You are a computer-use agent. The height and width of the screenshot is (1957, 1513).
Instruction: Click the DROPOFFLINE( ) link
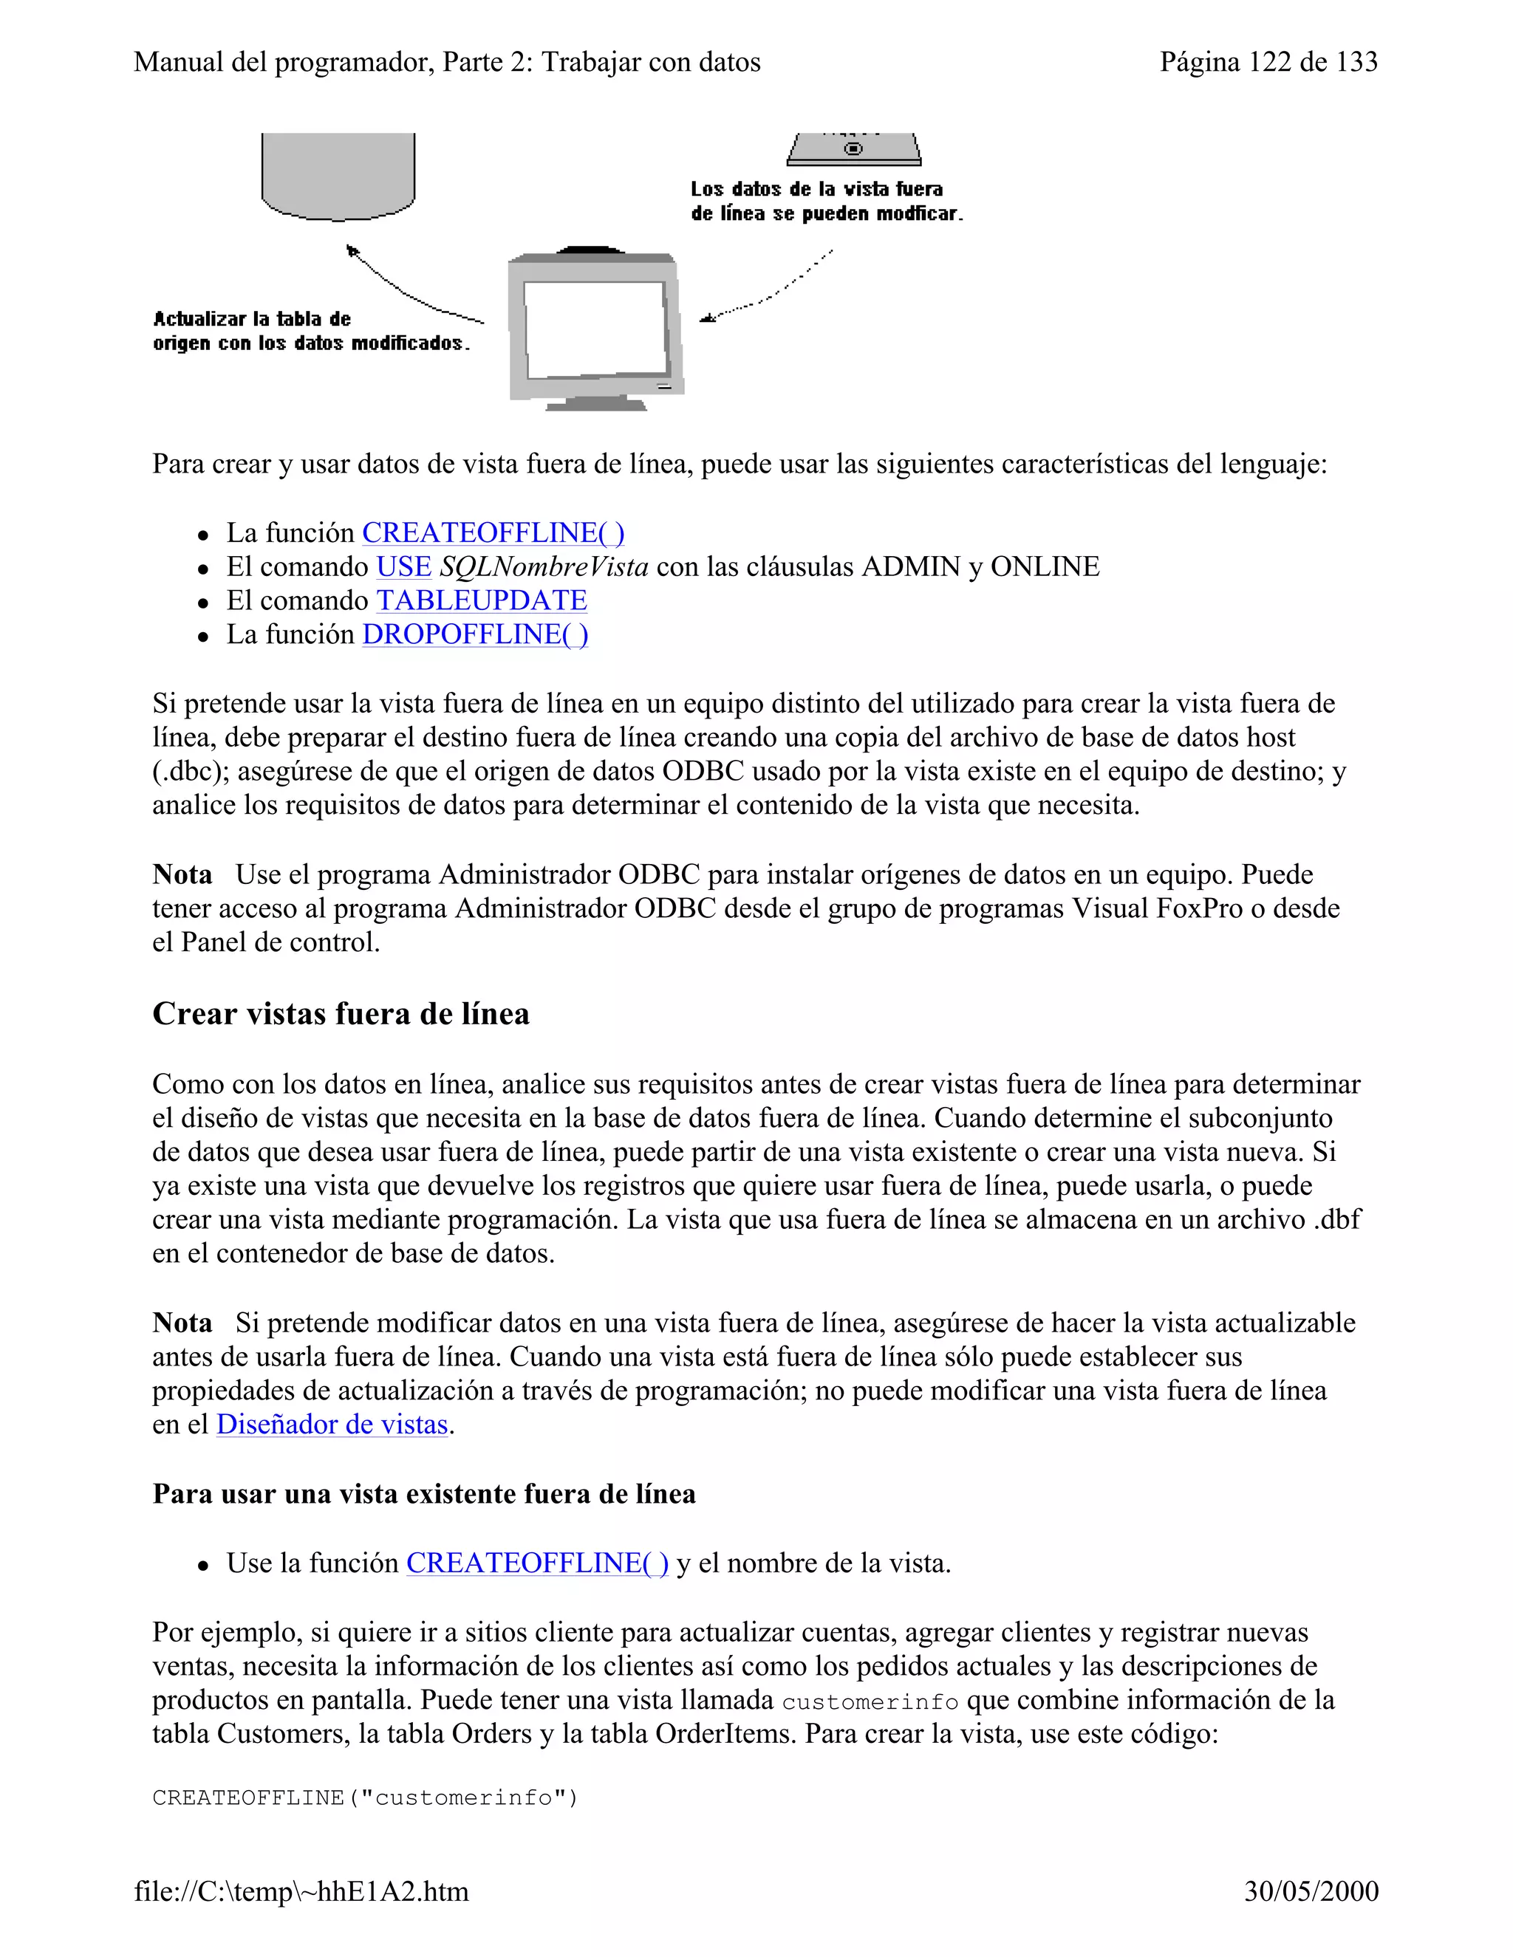[x=475, y=634]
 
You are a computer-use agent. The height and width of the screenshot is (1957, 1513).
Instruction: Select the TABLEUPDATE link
[x=482, y=600]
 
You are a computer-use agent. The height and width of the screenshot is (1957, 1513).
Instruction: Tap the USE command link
[x=403, y=567]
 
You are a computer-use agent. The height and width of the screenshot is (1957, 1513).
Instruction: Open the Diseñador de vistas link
[x=332, y=1425]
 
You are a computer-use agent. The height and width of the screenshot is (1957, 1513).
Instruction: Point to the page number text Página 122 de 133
[x=1268, y=62]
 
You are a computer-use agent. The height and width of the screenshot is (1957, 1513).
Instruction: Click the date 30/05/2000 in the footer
[x=1311, y=1891]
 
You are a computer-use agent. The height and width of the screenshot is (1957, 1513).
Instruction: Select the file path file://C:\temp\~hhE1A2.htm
[x=301, y=1891]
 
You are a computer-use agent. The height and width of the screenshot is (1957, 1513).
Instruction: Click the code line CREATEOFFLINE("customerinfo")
[x=365, y=1797]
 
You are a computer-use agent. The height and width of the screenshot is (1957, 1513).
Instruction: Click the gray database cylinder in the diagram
[x=338, y=175]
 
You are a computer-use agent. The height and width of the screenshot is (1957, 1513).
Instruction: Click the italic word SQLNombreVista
[x=543, y=567]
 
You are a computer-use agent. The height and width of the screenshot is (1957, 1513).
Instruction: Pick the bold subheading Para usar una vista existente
[x=424, y=1494]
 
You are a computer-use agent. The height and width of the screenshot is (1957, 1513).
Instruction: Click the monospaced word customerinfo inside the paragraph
[x=870, y=1701]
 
